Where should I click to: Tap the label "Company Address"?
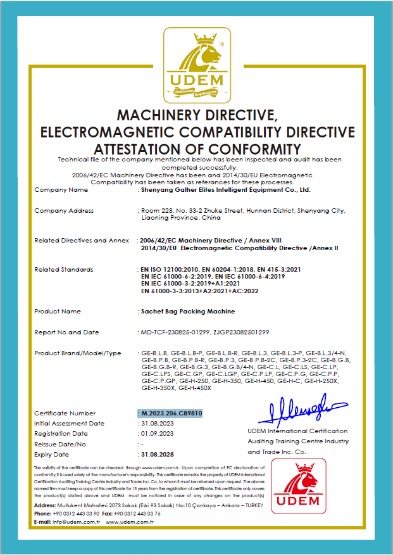pos(64,210)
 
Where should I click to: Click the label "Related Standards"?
pos(63,270)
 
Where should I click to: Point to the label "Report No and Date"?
pos(66,332)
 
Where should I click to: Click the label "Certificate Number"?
pos(65,413)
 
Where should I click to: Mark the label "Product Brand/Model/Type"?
pos(77,353)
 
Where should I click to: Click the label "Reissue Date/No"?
pos(60,444)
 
